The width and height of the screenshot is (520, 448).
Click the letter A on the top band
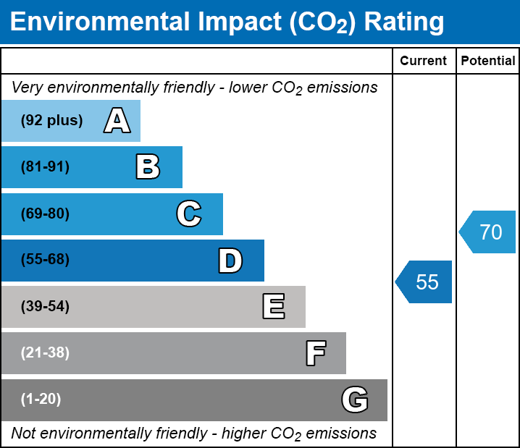click(117, 121)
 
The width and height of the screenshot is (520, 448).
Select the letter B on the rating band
click(148, 167)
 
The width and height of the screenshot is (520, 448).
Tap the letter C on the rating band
click(188, 214)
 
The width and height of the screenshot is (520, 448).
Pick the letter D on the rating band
click(230, 261)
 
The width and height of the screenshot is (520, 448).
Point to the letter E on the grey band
click(273, 307)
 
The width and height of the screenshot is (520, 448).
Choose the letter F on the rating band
click(315, 353)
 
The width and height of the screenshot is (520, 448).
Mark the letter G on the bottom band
click(355, 400)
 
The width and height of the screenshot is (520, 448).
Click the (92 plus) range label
click(51, 121)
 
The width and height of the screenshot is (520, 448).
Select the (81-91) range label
click(45, 167)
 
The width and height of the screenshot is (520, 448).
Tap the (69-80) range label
click(45, 214)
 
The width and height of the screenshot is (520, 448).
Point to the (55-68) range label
click(45, 260)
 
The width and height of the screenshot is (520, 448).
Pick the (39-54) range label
click(45, 307)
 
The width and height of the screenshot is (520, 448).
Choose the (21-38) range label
click(45, 353)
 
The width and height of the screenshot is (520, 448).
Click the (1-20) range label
click(41, 400)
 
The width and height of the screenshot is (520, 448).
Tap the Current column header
click(424, 62)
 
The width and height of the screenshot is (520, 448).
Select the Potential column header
click(488, 62)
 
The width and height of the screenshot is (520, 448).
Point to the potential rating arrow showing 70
click(488, 232)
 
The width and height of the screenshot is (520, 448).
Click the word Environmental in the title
click(91, 22)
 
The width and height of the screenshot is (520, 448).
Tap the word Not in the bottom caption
click(25, 434)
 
